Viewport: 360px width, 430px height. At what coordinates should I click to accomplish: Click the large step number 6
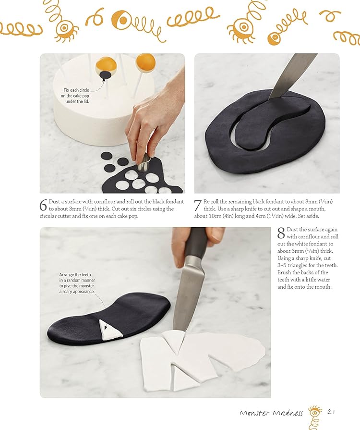click(43, 206)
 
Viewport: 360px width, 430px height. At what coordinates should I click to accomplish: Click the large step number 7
click(198, 206)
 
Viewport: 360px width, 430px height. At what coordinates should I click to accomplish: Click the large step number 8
click(281, 233)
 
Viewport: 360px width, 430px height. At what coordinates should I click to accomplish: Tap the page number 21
click(331, 412)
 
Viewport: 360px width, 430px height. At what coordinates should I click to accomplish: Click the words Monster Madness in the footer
click(271, 413)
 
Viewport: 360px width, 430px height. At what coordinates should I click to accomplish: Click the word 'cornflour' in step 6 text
click(105, 202)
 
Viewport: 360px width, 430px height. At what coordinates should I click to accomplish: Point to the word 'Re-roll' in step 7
click(212, 202)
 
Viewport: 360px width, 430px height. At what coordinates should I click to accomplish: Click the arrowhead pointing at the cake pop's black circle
click(104, 79)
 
